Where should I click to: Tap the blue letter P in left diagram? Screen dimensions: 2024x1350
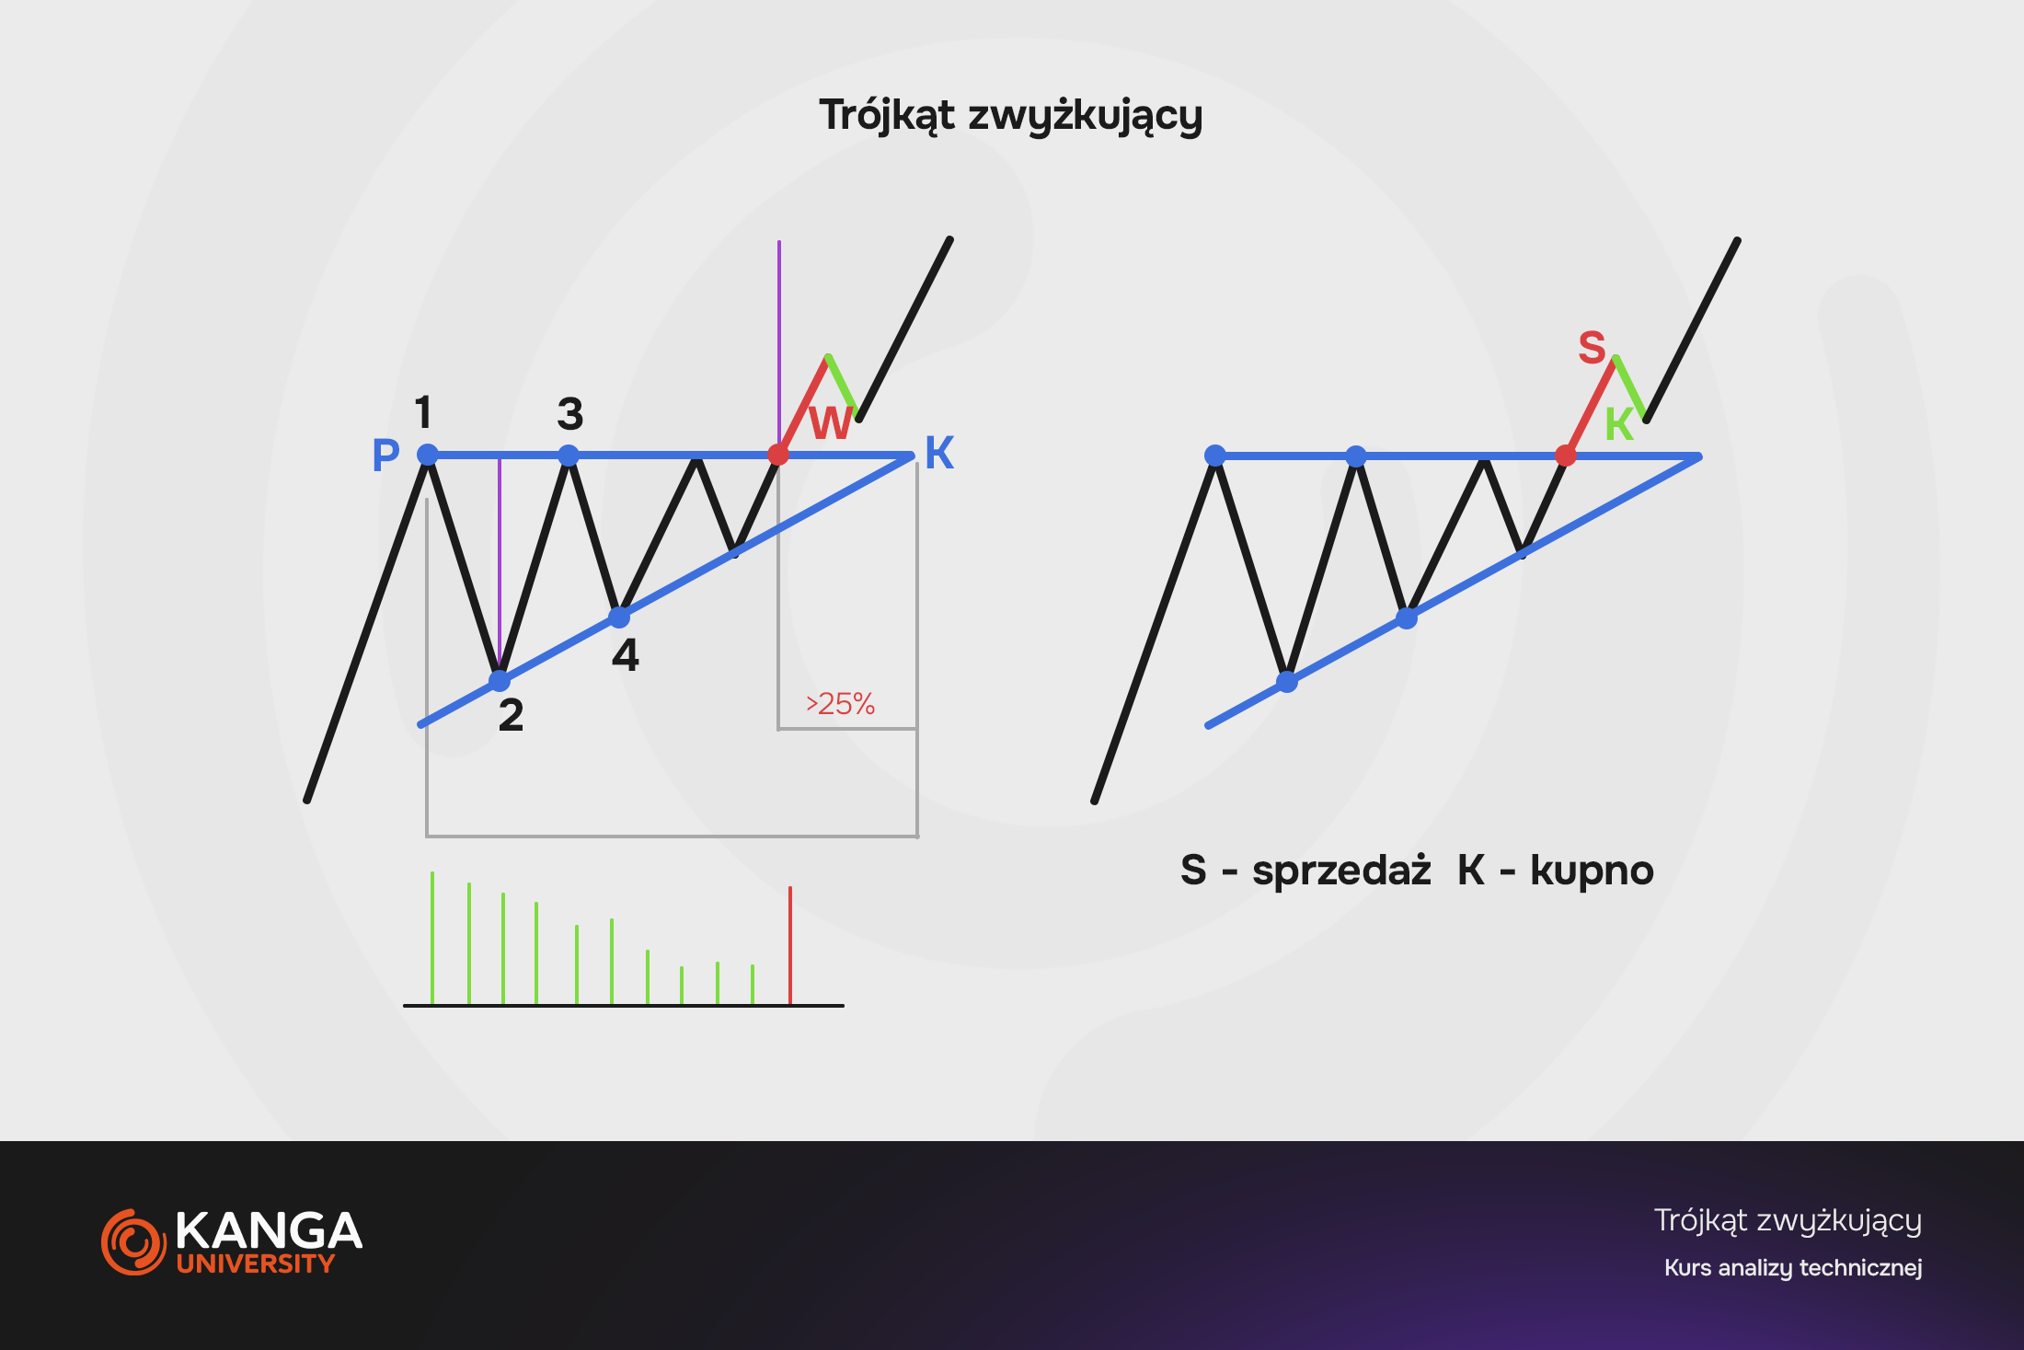(386, 455)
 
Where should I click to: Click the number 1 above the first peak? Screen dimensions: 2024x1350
(423, 412)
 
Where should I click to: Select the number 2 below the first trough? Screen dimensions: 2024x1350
(511, 715)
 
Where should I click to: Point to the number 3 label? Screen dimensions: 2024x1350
(570, 414)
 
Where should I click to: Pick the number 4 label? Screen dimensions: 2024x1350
(626, 655)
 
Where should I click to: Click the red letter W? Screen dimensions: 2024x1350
(832, 423)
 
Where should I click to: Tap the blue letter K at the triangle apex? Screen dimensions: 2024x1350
(939, 453)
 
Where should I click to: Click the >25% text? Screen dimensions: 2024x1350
(840, 704)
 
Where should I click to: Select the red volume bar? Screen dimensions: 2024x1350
(789, 945)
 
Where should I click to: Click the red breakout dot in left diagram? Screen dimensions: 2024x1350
(778, 455)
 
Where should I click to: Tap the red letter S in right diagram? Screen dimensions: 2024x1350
(1592, 348)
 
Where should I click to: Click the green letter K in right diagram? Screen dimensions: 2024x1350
(1619, 424)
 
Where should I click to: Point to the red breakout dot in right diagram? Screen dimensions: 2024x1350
(1565, 456)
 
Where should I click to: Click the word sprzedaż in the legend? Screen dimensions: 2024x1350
(1341, 871)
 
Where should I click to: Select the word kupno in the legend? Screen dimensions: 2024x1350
(1592, 871)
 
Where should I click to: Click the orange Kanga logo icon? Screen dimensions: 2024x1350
(133, 1242)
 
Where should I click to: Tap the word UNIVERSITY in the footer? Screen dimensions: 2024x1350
(256, 1263)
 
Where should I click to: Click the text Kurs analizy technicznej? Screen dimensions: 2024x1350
(1793, 1268)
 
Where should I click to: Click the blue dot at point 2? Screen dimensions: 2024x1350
(500, 681)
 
